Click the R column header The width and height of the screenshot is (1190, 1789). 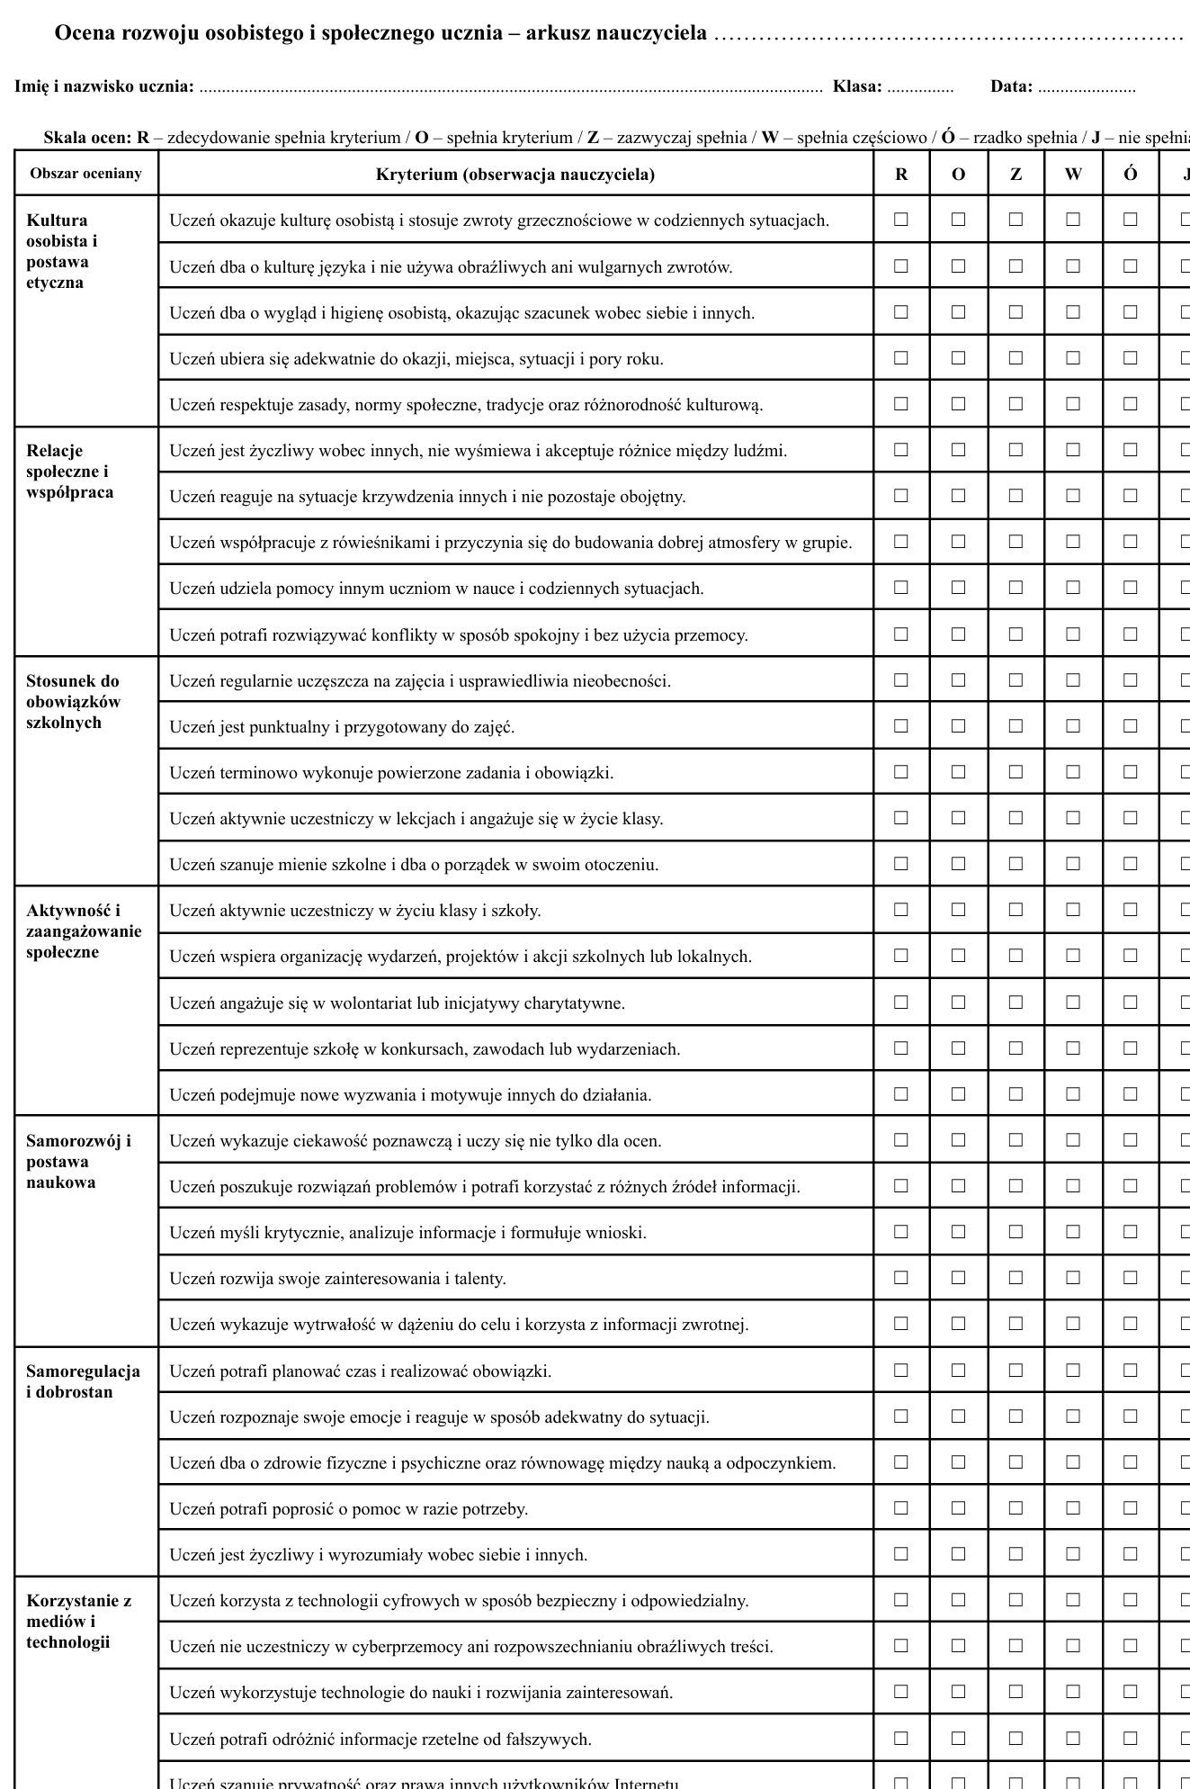click(x=901, y=175)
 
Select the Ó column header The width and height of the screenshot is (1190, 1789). click(x=1131, y=175)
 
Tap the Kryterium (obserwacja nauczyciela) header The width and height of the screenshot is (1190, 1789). click(x=515, y=175)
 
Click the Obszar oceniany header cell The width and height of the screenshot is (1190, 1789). click(x=86, y=174)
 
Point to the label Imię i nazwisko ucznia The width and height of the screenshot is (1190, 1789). click(x=104, y=87)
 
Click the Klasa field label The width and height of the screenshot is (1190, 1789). click(x=857, y=87)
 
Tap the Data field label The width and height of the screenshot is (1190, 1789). click(x=1011, y=87)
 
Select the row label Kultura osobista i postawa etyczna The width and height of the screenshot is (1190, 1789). click(x=62, y=252)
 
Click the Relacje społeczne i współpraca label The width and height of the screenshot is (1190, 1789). click(x=69, y=472)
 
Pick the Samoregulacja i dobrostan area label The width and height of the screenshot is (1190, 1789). click(x=83, y=1381)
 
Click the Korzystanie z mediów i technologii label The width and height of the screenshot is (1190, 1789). click(x=78, y=1622)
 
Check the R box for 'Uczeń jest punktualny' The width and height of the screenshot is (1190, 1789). click(x=901, y=725)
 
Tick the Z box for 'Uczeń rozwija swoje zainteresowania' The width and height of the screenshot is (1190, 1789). click(x=1016, y=1278)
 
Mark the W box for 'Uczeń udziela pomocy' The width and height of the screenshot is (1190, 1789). click(x=1073, y=588)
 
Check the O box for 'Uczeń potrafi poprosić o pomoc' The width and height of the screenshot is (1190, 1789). click(x=959, y=1508)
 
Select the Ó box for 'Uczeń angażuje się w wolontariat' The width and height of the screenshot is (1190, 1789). click(x=1131, y=1002)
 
